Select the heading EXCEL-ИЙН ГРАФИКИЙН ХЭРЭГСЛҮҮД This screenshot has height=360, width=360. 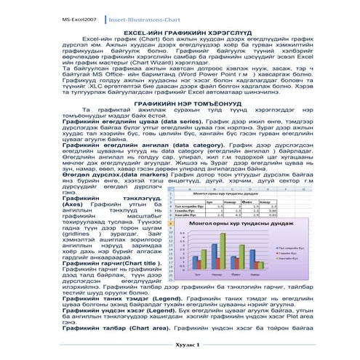[180, 33]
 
